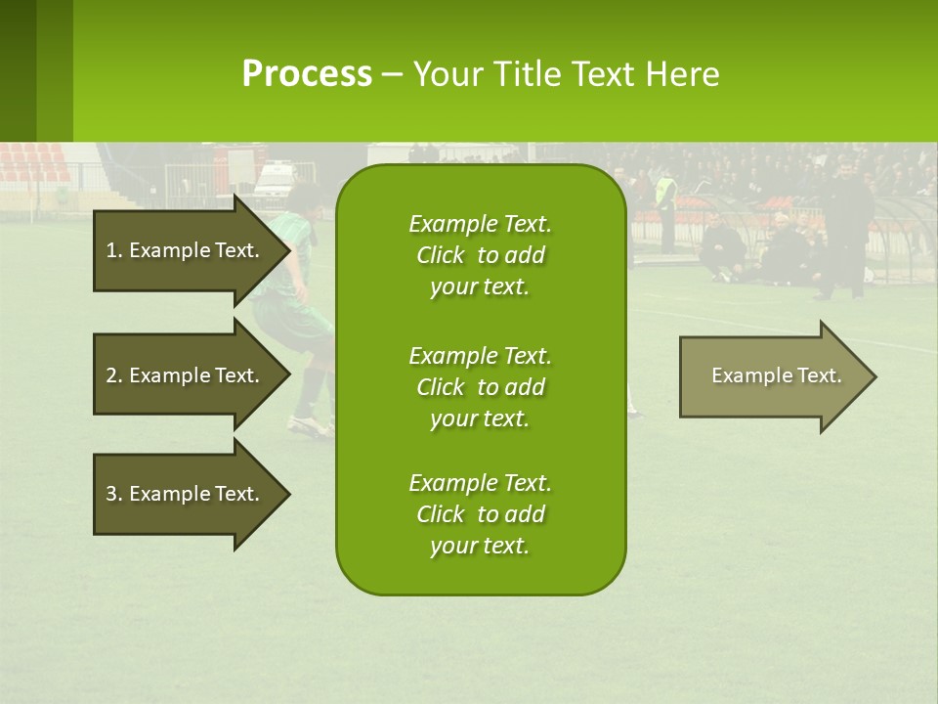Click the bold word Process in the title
(x=307, y=74)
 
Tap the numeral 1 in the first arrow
(x=111, y=250)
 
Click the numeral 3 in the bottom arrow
(x=111, y=494)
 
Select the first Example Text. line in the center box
(x=480, y=224)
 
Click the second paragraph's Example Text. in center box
(x=480, y=355)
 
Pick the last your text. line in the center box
(x=480, y=546)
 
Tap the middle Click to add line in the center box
(x=480, y=387)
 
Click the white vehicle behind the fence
(x=273, y=181)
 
